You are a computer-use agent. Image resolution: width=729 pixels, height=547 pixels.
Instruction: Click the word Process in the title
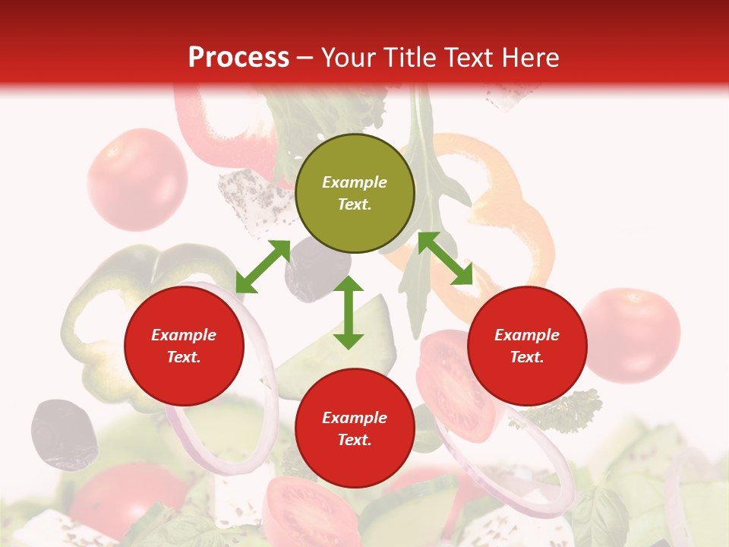238,58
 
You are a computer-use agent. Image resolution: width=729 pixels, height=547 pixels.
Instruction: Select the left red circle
184,346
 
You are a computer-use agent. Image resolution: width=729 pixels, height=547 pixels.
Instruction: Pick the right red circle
527,346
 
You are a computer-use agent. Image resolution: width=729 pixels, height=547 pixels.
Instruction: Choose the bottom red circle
355,428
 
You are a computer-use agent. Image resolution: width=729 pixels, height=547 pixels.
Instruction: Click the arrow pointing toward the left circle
263,267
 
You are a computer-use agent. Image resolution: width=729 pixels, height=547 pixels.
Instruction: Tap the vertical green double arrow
349,312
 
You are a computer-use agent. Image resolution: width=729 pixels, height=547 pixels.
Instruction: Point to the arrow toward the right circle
445,258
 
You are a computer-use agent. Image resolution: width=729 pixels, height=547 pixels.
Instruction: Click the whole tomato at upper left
137,179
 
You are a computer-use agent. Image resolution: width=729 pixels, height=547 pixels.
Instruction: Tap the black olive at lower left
63,433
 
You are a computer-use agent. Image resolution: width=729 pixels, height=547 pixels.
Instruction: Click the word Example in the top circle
355,182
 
